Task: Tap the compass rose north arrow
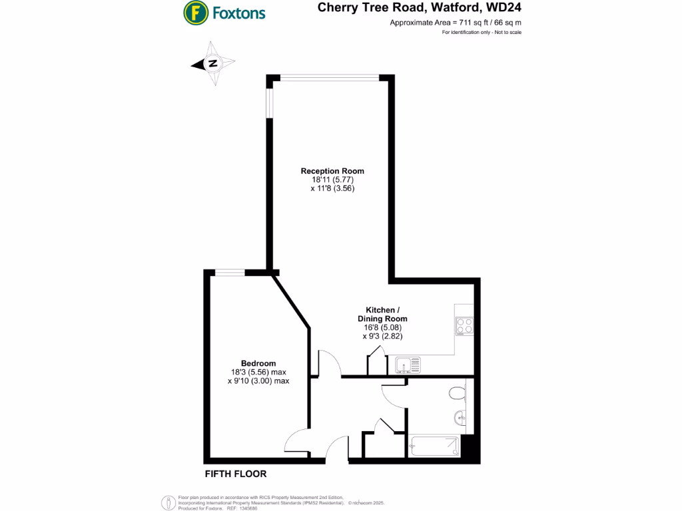tap(213, 64)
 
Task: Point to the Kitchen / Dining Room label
tap(382, 314)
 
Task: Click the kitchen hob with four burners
tap(464, 325)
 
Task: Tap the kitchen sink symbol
tap(406, 365)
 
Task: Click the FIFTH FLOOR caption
tap(236, 474)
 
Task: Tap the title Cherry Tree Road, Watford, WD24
tap(419, 8)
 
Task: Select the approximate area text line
tap(455, 23)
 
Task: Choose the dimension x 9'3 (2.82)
tap(382, 337)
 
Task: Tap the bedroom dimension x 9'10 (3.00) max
tap(258, 381)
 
